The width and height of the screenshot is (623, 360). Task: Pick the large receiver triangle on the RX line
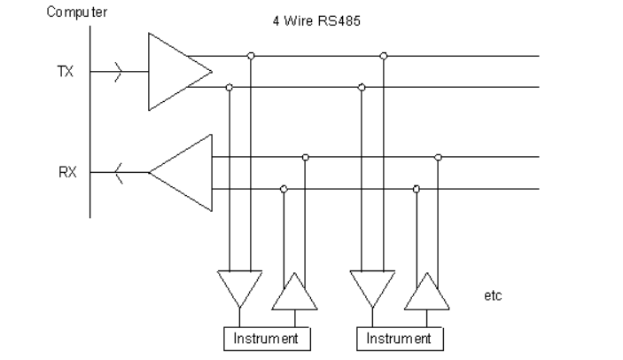pos(185,172)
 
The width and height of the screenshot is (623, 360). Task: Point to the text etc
pos(493,295)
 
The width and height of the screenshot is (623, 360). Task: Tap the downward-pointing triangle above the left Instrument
pos(239,286)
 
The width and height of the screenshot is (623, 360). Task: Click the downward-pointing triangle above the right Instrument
pos(372,286)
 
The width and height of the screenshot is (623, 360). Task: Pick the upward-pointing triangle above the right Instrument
pos(426,293)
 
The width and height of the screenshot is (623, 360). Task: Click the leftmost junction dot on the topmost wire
pos(252,56)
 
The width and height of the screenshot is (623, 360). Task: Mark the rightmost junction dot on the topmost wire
pos(384,56)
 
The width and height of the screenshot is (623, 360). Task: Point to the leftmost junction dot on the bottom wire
pos(284,189)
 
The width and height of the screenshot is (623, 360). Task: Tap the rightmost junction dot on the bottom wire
pos(417,189)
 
